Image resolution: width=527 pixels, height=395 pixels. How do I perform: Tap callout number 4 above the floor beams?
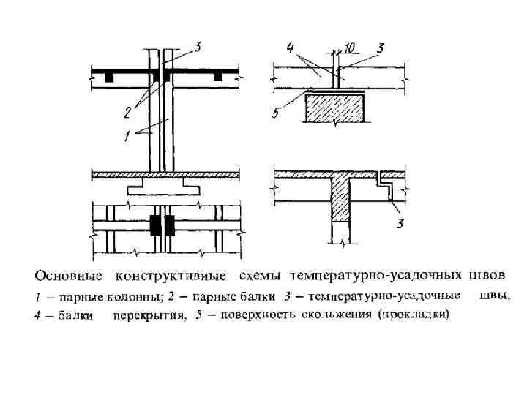291,48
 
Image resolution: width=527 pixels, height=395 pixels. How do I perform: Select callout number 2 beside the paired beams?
127,113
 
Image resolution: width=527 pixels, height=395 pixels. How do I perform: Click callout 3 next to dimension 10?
381,48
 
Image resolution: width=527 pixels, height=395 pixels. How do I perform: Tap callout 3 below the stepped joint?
400,223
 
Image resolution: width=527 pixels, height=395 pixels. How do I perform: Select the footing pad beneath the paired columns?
163,189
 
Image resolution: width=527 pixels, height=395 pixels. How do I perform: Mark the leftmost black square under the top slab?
108,76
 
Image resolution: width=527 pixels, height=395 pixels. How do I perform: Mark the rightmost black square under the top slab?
217,76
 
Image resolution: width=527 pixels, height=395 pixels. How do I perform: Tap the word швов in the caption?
486,276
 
